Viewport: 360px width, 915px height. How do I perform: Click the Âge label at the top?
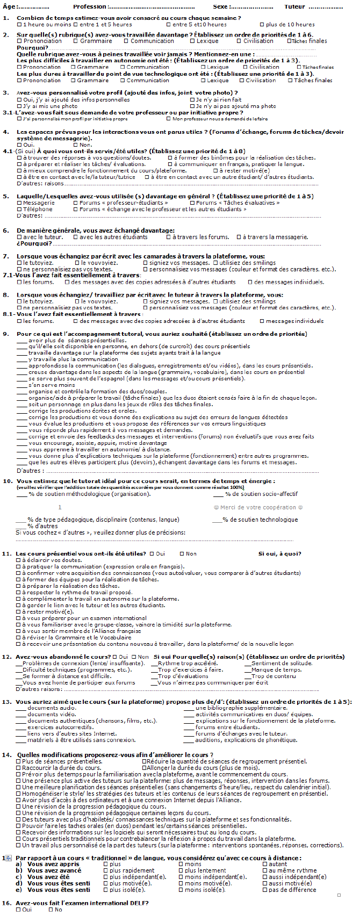click(10, 6)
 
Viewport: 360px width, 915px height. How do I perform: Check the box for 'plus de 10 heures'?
click(262, 25)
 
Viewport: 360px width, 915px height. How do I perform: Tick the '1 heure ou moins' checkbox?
click(19, 25)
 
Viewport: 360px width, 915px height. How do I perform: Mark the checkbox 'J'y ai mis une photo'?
click(19, 106)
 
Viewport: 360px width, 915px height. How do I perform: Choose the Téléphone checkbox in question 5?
click(19, 209)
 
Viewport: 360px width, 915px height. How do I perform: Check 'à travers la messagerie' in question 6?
click(239, 237)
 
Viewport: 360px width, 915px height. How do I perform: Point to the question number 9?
click(5, 334)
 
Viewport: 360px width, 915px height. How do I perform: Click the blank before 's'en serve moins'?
click(22, 385)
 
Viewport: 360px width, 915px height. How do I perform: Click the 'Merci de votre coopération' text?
click(258, 507)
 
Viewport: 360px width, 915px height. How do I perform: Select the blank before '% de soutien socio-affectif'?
click(218, 494)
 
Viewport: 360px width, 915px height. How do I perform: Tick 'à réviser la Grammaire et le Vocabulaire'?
click(19, 637)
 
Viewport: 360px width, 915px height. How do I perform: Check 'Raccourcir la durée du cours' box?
click(19, 768)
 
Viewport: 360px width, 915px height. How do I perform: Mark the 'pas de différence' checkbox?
click(264, 890)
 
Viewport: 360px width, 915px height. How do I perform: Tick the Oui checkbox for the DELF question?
click(19, 910)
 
